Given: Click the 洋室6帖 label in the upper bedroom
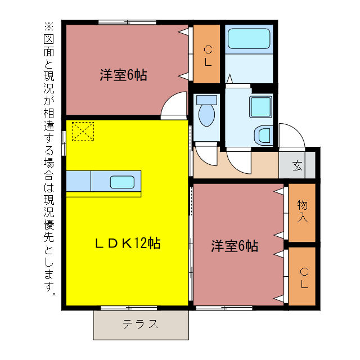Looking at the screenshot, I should point(123,75).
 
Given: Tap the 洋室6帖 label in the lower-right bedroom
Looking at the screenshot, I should point(235,246).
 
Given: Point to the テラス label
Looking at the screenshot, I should point(140,324).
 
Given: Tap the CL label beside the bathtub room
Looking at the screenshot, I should point(208,55).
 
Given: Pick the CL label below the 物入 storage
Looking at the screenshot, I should point(303,277).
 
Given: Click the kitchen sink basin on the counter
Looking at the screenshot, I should point(122,182).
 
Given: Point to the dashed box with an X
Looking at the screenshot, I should point(83,131).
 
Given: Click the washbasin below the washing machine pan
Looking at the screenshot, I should point(262,135).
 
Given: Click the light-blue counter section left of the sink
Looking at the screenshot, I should point(78,182).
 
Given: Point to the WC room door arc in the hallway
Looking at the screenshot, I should point(206,156).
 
